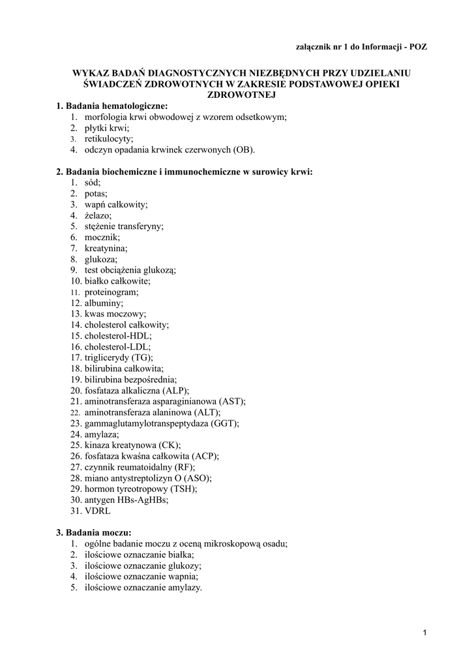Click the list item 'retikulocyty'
click(108, 139)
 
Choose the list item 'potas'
click(96, 194)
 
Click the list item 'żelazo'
click(98, 215)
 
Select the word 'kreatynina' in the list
click(106, 249)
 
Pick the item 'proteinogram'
click(111, 292)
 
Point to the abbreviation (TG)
click(142, 358)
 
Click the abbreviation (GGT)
click(225, 423)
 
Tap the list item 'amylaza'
click(102, 434)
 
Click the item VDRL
click(96, 511)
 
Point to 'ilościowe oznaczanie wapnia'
click(141, 577)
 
